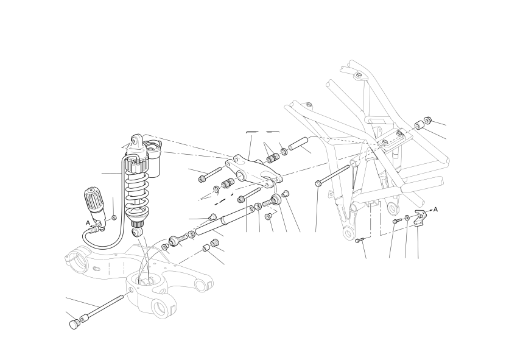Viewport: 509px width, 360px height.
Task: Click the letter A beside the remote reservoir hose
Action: tap(88, 223)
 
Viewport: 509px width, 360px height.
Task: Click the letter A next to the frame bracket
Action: tap(436, 210)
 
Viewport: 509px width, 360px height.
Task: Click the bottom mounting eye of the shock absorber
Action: tap(136, 231)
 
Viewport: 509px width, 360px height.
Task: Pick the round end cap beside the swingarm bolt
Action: tap(75, 323)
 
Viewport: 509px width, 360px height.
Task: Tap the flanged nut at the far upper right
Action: tap(428, 120)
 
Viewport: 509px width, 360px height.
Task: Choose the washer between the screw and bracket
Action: tap(407, 217)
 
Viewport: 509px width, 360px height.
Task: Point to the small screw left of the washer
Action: tap(396, 221)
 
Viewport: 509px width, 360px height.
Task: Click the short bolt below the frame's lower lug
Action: tap(359, 240)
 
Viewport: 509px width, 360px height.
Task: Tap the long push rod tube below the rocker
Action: tap(223, 220)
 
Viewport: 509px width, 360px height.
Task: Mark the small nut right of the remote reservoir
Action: tap(114, 217)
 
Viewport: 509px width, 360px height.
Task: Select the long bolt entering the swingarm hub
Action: tap(104, 307)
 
